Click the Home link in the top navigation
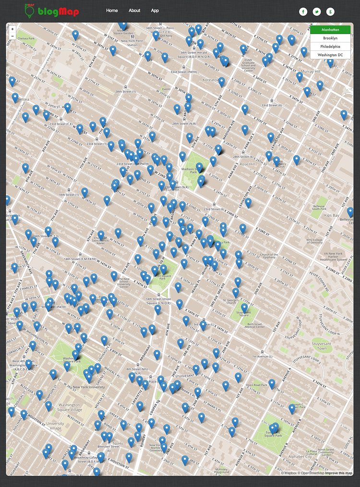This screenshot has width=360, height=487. (x=112, y=11)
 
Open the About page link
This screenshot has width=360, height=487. (x=134, y=11)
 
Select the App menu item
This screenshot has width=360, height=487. (x=155, y=11)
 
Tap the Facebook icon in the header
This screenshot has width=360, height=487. (x=303, y=12)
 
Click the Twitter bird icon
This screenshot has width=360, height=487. (x=317, y=12)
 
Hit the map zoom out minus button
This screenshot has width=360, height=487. (x=12, y=36)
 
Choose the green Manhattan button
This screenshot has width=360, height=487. (x=330, y=30)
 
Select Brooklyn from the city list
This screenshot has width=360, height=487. (x=330, y=38)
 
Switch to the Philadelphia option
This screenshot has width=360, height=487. (x=330, y=47)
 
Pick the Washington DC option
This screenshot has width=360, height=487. (x=330, y=55)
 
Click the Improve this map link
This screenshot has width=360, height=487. (x=339, y=473)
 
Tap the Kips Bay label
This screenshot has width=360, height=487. (x=332, y=215)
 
